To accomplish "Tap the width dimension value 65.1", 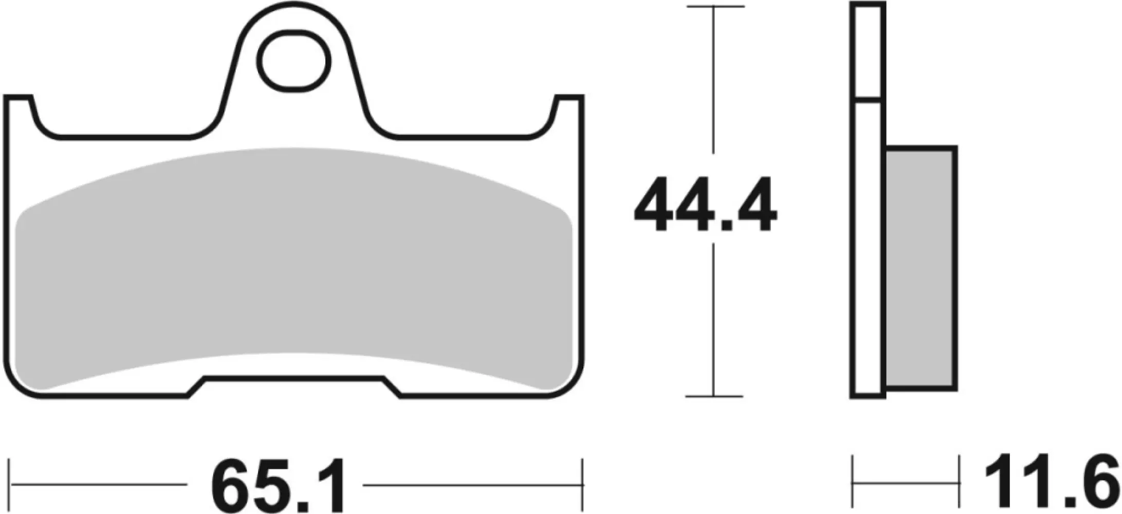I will [x=276, y=485].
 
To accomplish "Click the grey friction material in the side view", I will [x=921, y=267].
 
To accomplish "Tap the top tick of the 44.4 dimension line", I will [x=714, y=7].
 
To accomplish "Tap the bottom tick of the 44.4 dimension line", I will [x=714, y=396].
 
